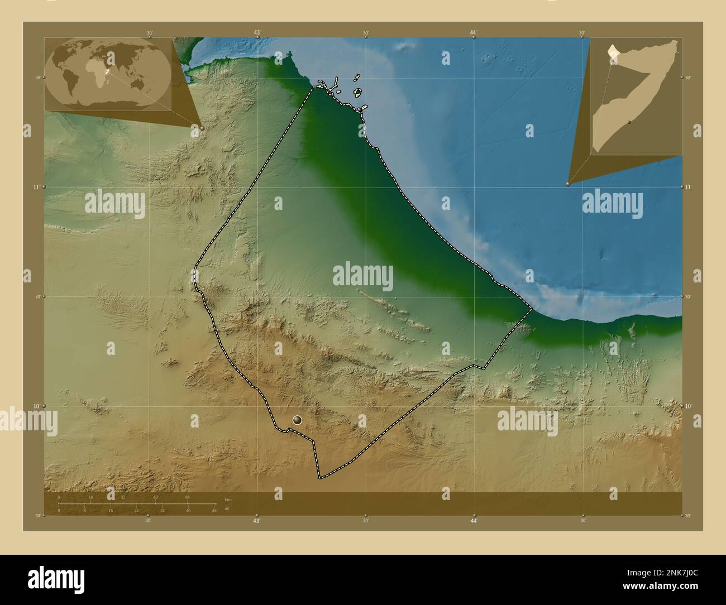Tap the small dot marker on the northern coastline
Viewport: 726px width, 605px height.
point(361,111)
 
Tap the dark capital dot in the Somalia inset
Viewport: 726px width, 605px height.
point(629,121)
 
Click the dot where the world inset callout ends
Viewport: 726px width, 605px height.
point(202,128)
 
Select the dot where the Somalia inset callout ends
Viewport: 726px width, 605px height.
point(568,183)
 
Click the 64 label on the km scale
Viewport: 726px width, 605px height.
point(188,497)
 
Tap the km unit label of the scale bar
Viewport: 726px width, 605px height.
point(227,499)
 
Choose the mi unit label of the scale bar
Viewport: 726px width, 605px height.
point(227,508)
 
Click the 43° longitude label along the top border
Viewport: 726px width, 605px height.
point(257,33)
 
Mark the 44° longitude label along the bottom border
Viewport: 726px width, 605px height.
point(474,521)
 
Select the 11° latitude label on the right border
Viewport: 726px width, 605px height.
point(688,187)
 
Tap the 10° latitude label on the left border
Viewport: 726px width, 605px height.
point(37,406)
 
